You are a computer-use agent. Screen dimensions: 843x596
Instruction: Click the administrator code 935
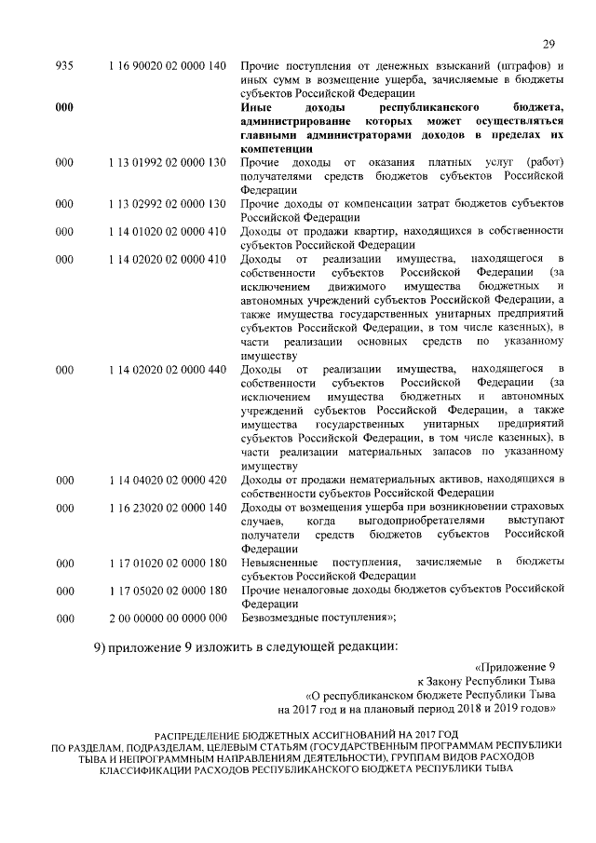point(64,66)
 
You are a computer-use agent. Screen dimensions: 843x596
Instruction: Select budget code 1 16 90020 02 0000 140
point(167,66)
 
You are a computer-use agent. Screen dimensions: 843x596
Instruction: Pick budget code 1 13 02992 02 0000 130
point(167,202)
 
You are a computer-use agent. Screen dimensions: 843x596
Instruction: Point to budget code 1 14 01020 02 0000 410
point(167,230)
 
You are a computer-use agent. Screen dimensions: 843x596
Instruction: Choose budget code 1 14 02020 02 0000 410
point(167,257)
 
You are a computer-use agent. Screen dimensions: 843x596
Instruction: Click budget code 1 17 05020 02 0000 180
point(167,590)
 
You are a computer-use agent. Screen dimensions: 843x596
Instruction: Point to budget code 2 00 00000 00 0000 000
point(167,618)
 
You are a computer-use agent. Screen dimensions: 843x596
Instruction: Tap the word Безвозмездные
point(280,618)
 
